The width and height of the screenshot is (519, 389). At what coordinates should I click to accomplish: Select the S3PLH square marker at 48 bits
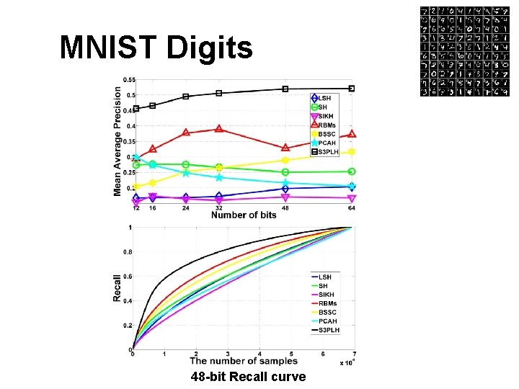tap(285, 89)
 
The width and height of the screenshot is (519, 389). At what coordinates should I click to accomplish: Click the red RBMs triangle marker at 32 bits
tap(219, 129)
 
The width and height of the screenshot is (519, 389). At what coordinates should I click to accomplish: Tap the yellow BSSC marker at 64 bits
tap(352, 152)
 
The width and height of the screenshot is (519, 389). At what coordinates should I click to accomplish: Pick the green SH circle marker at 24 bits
tap(186, 165)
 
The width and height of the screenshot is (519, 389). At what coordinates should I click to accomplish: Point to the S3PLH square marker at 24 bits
tap(186, 96)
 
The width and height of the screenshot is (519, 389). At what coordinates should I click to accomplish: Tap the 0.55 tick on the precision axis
tap(129, 79)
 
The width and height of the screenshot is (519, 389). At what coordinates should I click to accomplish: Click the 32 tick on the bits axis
tap(219, 208)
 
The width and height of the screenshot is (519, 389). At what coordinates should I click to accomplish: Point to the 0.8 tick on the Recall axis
tap(127, 252)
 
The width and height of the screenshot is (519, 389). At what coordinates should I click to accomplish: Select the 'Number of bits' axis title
tap(244, 215)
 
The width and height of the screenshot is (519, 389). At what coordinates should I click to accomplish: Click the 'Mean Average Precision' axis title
tap(117, 141)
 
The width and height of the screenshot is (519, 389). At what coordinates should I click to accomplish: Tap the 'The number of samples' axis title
tap(243, 361)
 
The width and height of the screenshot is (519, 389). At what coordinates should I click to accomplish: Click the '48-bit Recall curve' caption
tap(248, 377)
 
